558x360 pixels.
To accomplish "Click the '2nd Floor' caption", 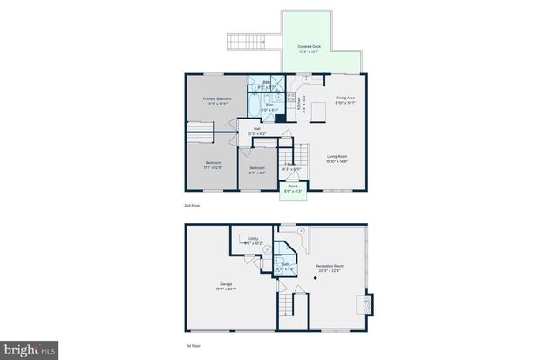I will tap(192, 206).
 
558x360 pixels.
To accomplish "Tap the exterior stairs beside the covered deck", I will tap(245, 41).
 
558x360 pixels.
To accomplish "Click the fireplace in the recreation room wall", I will tap(365, 304).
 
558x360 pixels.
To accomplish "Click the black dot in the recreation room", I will tap(316, 278).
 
